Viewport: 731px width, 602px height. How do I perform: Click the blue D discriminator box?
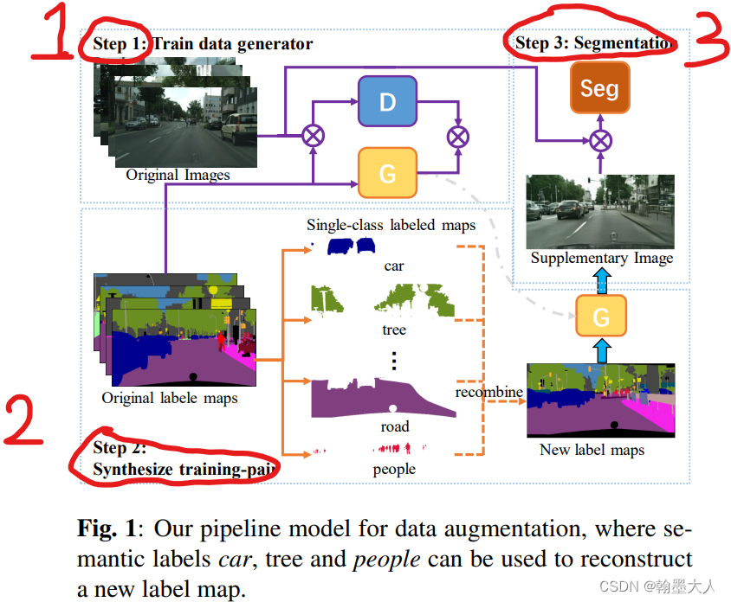coord(387,101)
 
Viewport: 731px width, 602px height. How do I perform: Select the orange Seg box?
coord(599,88)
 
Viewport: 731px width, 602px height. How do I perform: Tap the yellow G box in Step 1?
coord(387,173)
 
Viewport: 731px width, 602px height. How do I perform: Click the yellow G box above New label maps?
coord(601,317)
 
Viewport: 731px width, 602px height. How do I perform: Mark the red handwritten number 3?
coord(707,40)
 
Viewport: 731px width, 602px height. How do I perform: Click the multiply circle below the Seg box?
coord(600,140)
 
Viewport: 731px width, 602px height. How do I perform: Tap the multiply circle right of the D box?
coord(457,136)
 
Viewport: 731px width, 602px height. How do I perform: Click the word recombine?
coord(489,392)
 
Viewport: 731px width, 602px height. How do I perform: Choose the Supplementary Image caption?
coord(601,258)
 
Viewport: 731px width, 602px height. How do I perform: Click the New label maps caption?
coord(592,449)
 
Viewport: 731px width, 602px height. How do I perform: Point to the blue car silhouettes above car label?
coord(352,247)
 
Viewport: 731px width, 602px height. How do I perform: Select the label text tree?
coord(394,330)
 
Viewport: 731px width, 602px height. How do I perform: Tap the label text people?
coord(394,469)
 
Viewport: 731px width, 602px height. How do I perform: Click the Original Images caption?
coord(178,175)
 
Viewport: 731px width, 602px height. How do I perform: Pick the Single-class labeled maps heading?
coord(391,225)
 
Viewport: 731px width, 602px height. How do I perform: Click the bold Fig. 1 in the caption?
coord(102,528)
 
